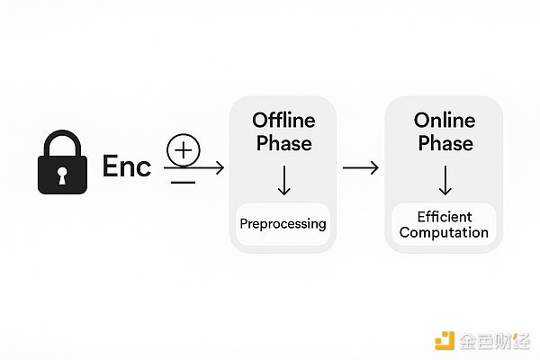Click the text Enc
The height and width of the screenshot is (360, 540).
[127, 167]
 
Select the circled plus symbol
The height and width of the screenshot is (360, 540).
[183, 149]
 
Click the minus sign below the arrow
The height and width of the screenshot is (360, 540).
[183, 182]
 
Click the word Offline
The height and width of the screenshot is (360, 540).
[283, 120]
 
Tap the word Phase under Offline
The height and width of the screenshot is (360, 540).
[283, 142]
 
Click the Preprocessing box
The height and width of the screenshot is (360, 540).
[283, 223]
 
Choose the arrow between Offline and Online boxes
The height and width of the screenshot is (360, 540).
[360, 167]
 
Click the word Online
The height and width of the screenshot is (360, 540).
[444, 120]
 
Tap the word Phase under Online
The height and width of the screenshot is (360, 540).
[444, 142]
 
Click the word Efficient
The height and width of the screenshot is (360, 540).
[444, 217]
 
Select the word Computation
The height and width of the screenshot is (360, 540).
[444, 233]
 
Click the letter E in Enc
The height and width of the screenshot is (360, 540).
[111, 167]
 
